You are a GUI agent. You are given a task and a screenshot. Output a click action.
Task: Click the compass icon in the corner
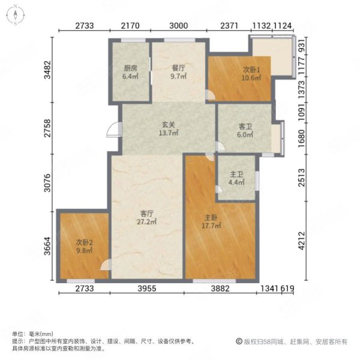pyautogui.click(x=16, y=15)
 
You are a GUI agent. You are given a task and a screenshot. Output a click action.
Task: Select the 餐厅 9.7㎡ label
pyautogui.click(x=178, y=72)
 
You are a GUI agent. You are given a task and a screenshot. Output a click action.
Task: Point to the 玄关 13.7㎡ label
pyautogui.click(x=169, y=129)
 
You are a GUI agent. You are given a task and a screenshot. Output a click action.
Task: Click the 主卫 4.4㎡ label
pyautogui.click(x=236, y=178)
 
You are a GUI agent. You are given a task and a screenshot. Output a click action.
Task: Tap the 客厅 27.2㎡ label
pyautogui.click(x=147, y=218)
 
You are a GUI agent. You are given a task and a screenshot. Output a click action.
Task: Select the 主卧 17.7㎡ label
pyautogui.click(x=211, y=221)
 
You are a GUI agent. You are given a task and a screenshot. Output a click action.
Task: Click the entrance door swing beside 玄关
pyautogui.click(x=114, y=130)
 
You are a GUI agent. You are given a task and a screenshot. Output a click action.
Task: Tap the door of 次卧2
pyautogui.click(x=106, y=265)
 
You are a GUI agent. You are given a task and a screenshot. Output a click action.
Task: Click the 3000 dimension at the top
pyautogui.click(x=179, y=25)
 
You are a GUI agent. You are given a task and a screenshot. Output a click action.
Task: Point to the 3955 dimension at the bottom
pyautogui.click(x=147, y=289)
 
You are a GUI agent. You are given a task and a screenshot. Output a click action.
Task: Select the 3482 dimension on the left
pyautogui.click(x=47, y=70)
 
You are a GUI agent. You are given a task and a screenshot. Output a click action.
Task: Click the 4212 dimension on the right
pyautogui.click(x=302, y=241)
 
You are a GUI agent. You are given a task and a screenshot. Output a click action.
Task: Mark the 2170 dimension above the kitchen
pyautogui.click(x=130, y=25)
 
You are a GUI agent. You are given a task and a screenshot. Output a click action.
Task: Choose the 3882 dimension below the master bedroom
pyautogui.click(x=220, y=289)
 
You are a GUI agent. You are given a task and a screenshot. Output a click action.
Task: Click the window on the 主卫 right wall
pyautogui.click(x=257, y=181)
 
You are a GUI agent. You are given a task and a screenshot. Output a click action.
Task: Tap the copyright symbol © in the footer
pyautogui.click(x=239, y=341)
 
